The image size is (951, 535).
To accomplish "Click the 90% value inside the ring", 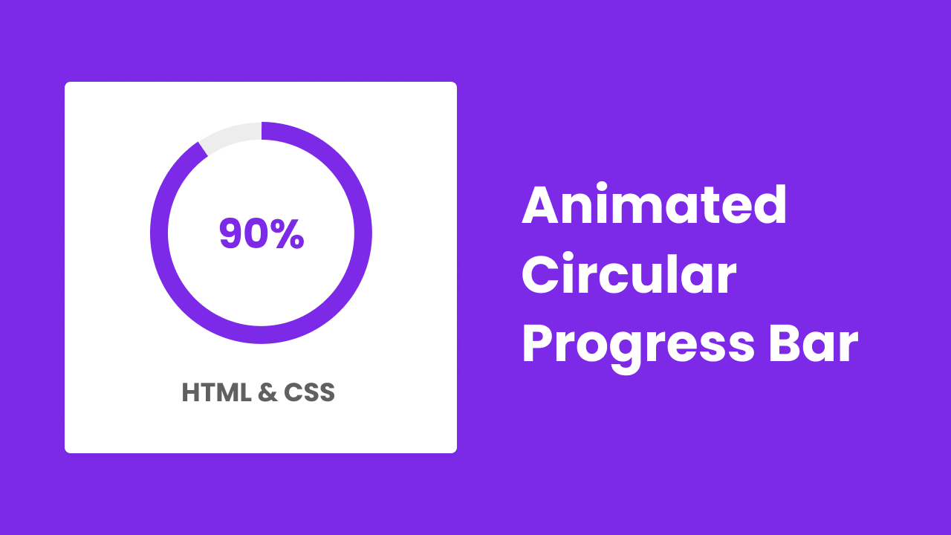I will [262, 234].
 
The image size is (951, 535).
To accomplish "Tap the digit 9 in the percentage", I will [232, 234].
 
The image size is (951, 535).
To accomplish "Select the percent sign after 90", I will [288, 234].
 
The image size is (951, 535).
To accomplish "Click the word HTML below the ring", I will [216, 393].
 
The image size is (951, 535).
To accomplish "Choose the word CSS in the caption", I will [309, 393].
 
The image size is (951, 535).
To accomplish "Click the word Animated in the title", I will [654, 206].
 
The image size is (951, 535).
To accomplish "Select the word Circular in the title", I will [629, 276].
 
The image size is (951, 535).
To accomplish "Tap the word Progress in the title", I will [638, 346].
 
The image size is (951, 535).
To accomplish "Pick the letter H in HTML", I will [191, 393].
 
